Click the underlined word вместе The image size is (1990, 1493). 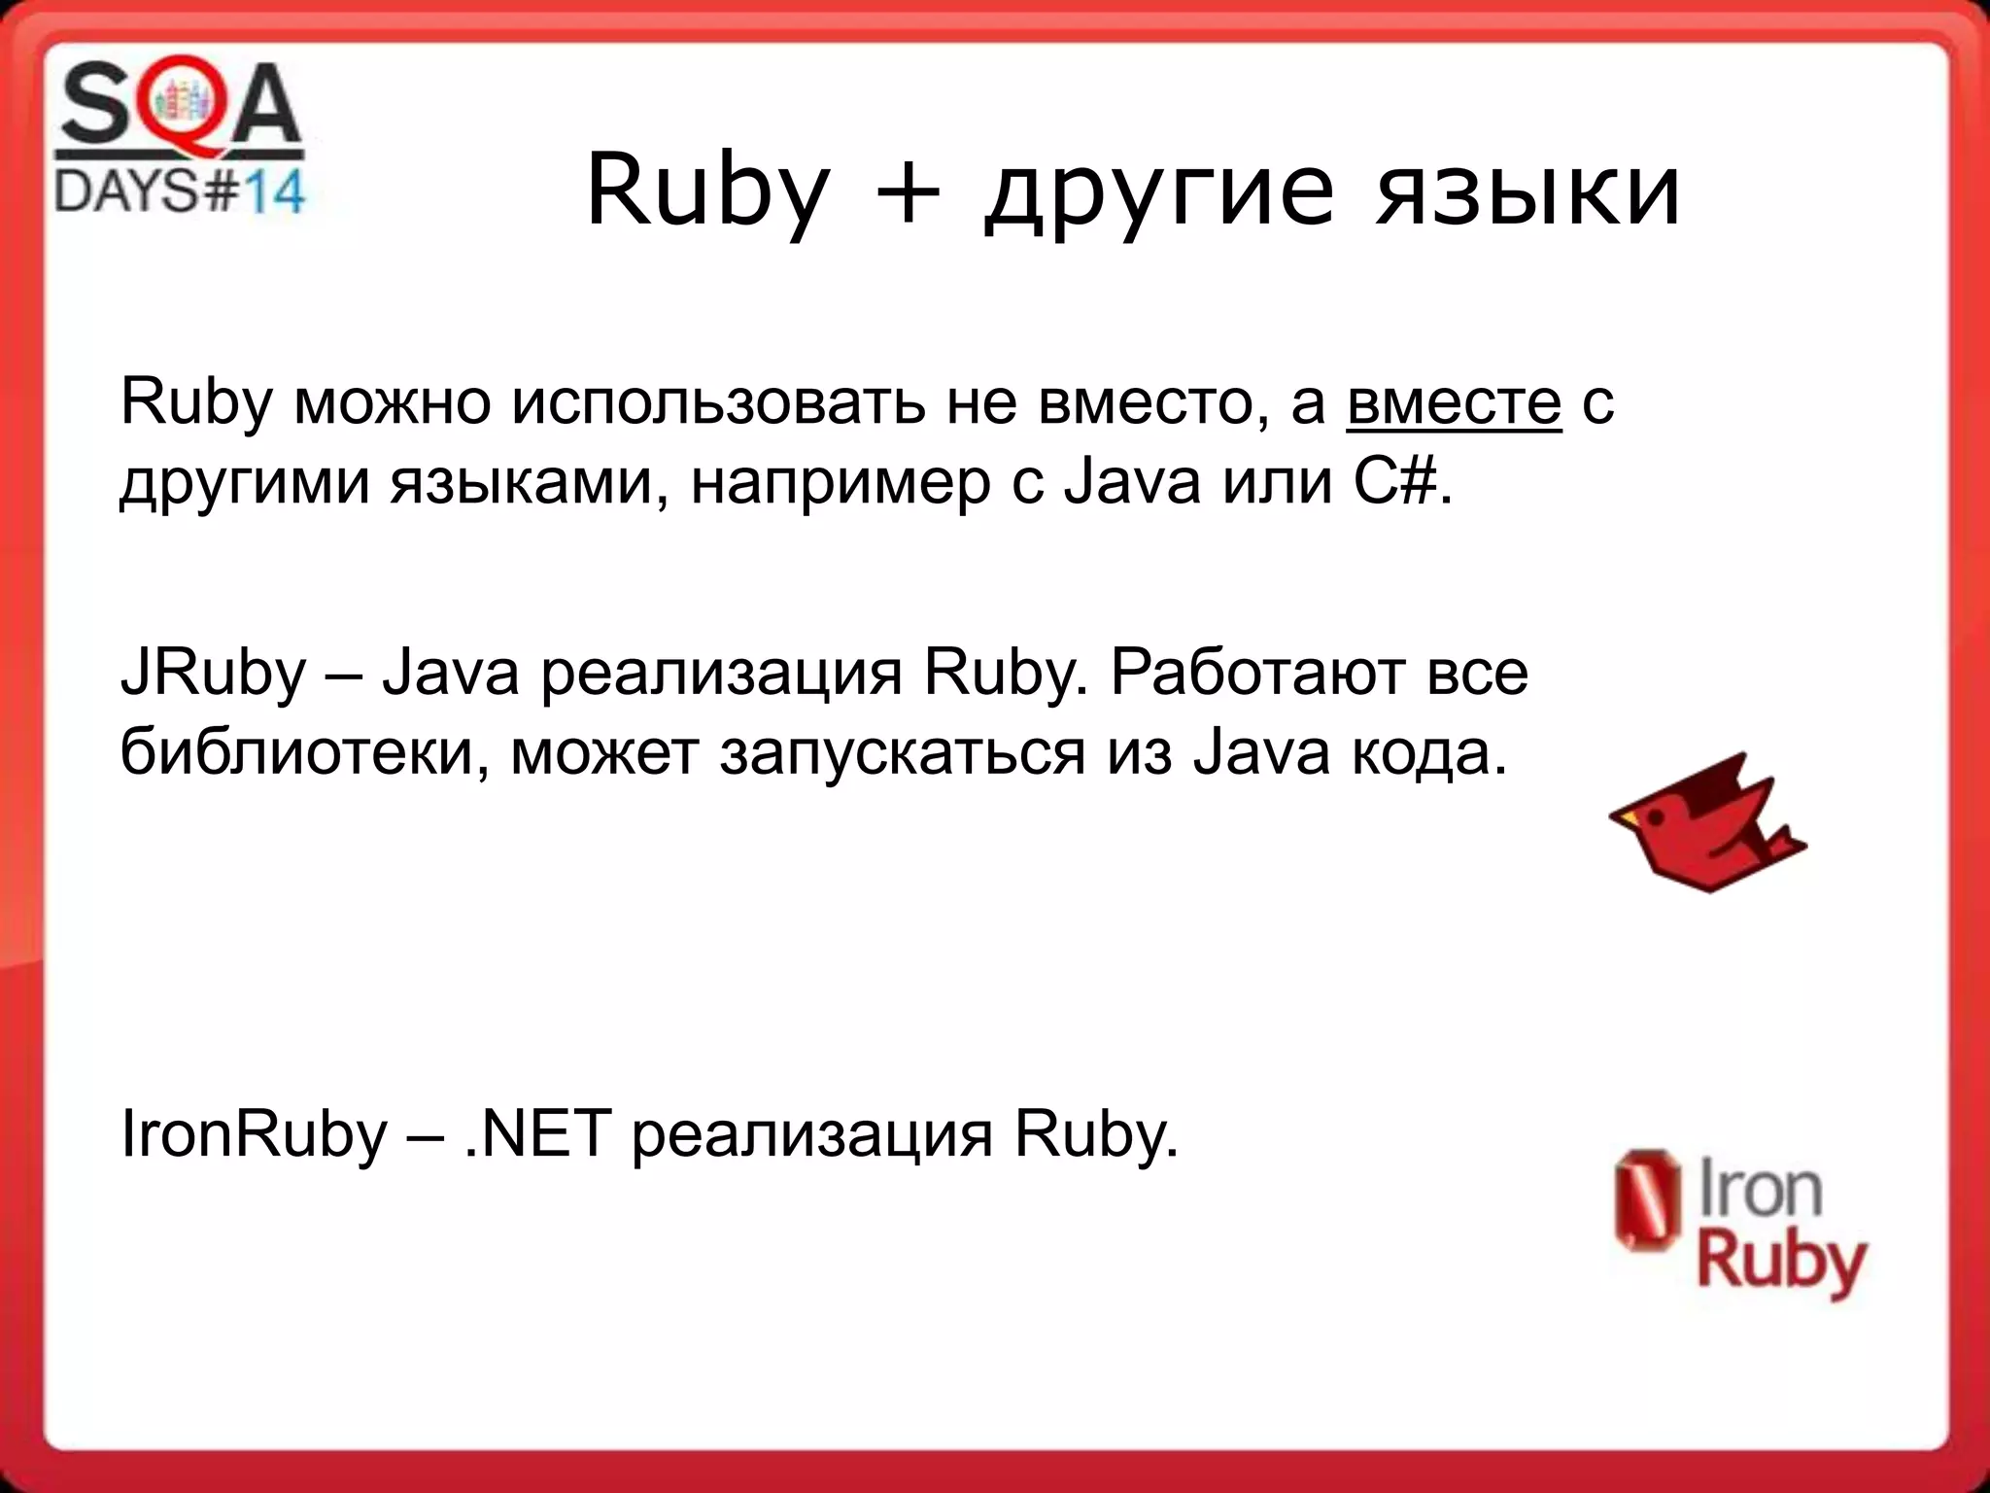pyautogui.click(x=1454, y=402)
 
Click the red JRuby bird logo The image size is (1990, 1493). pyautogui.click(x=1707, y=822)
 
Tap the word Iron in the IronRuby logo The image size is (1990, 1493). pyautogui.click(x=1760, y=1192)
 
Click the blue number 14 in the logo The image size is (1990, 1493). pyautogui.click(x=273, y=191)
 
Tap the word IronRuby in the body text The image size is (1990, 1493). pyautogui.click(x=254, y=1133)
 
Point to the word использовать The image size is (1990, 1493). pyautogui.click(x=719, y=402)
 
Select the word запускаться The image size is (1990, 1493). pyautogui.click(x=903, y=752)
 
